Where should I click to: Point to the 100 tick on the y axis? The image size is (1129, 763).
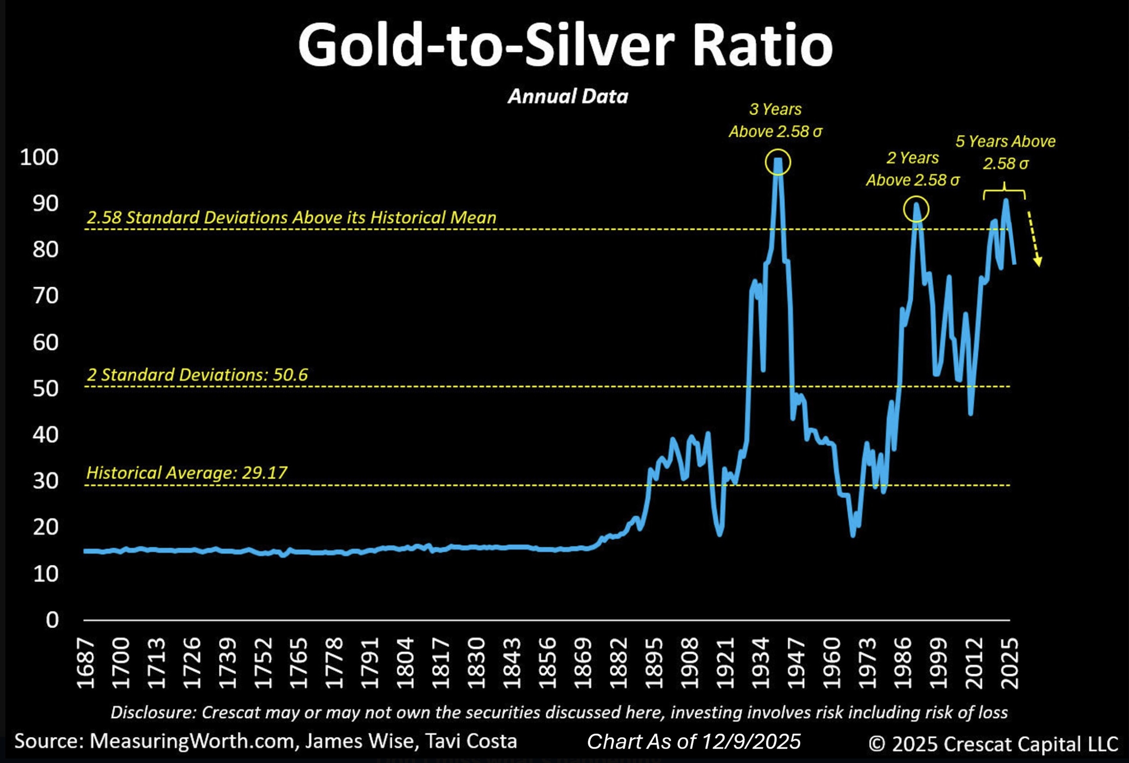[39, 157]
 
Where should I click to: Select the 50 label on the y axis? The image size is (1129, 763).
[45, 388]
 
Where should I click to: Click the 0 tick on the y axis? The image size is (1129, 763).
[52, 619]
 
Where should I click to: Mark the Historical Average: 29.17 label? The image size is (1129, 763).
[187, 472]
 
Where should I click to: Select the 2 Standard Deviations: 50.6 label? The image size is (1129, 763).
[197, 374]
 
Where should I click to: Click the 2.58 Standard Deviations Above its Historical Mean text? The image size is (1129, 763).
[291, 217]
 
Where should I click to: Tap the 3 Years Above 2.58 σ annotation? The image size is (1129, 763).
[775, 120]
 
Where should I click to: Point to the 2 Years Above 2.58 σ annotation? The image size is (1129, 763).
[913, 169]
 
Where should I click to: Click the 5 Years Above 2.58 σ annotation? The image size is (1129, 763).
[1005, 152]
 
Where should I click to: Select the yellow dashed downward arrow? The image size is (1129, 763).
[1033, 238]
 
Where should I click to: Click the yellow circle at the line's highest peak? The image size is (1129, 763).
[778, 162]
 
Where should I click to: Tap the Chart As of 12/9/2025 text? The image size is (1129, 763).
[694, 741]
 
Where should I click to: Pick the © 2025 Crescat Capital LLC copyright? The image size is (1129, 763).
[993, 744]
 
